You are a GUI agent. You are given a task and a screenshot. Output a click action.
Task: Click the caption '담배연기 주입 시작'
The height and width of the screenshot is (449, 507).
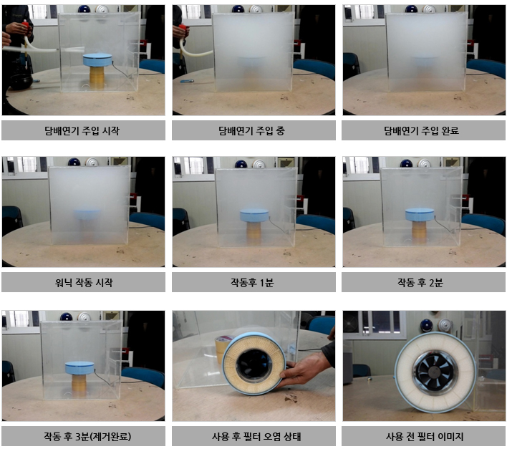[x=82, y=130]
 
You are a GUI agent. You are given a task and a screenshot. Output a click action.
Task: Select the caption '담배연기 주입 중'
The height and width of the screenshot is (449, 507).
[x=251, y=130]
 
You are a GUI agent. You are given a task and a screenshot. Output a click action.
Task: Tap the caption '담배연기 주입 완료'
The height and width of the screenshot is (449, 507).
[x=421, y=130]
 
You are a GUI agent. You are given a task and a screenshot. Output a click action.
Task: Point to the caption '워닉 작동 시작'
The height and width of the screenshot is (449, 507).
[x=84, y=283]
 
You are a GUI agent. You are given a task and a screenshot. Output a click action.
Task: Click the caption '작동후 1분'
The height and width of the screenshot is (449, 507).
[x=252, y=283]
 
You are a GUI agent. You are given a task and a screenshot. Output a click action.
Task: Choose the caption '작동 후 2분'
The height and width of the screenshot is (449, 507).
[x=420, y=283]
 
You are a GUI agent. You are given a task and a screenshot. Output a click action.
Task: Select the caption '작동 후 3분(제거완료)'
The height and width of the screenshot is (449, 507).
[x=87, y=436]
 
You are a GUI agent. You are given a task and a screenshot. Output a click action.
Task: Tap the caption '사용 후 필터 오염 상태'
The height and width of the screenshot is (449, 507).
[x=256, y=436]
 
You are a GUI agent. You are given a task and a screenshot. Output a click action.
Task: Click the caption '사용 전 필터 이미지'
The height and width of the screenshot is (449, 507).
[x=425, y=436]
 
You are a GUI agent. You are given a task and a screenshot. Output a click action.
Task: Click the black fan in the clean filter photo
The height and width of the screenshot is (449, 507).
[x=434, y=375]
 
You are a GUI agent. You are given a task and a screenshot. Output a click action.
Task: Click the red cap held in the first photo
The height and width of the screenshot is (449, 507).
[x=26, y=24]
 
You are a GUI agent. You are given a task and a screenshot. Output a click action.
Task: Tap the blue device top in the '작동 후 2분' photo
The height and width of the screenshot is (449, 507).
[x=420, y=215]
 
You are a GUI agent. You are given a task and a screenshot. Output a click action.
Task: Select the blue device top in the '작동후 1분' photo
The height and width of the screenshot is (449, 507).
[x=254, y=216]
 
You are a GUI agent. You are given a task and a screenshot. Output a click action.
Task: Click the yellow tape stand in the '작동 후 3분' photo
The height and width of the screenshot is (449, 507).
[x=79, y=385]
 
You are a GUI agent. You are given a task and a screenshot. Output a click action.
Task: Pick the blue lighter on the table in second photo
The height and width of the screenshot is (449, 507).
[x=187, y=81]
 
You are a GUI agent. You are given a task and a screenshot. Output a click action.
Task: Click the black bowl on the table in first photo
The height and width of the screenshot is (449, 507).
[x=21, y=82]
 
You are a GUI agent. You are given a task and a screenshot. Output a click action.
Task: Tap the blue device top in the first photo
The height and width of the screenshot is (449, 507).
[x=97, y=60]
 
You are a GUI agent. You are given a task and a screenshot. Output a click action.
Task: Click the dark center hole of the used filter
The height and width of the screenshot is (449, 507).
[x=253, y=364]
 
